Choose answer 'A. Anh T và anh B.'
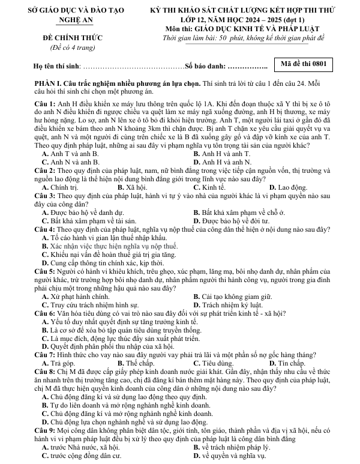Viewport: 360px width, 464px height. click(71, 154)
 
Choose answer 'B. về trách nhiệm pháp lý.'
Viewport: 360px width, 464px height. click(234, 448)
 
